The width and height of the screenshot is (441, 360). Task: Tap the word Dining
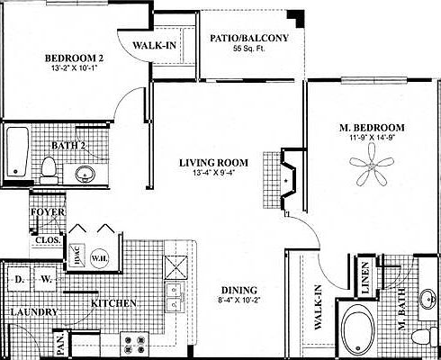click(x=239, y=289)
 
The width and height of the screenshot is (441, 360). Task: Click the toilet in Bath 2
click(x=49, y=168)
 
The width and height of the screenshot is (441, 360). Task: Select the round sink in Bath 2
click(x=85, y=173)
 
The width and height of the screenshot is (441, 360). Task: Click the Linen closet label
click(x=366, y=277)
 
